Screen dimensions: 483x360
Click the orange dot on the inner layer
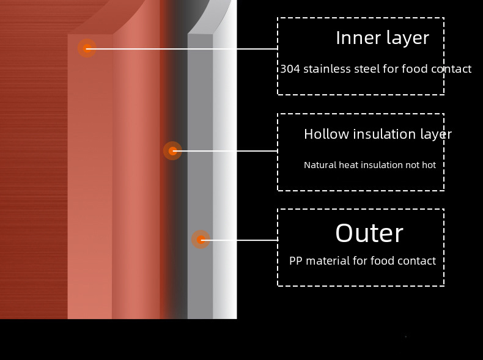click(87, 48)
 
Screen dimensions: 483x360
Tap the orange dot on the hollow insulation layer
click(172, 150)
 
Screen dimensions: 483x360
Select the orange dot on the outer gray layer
click(201, 240)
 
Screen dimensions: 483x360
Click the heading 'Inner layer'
click(382, 38)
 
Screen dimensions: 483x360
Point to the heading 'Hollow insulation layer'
click(377, 134)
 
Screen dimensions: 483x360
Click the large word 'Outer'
click(369, 233)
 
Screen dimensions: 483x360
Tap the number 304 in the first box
click(290, 69)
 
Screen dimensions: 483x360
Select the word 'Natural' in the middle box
click(320, 165)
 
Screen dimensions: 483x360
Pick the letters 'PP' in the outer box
click(295, 261)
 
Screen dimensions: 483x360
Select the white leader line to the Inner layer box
click(183, 48)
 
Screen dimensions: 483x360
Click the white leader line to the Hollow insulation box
click(226, 150)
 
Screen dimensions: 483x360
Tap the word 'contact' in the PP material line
click(416, 261)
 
